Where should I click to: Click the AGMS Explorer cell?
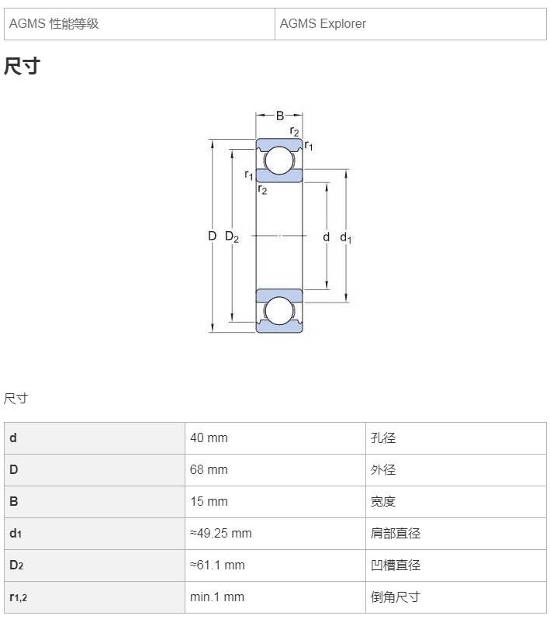410,24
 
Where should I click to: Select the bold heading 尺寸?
22,66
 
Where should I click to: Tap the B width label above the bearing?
280,116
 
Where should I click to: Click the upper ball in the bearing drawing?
279,160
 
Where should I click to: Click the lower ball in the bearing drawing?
279,311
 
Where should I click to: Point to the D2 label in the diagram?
231,237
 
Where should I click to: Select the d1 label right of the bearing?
346,237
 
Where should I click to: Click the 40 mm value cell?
275,438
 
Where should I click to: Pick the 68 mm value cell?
275,470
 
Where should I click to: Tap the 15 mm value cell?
275,502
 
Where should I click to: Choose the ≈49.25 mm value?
221,534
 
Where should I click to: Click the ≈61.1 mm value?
217,565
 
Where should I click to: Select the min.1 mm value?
216,597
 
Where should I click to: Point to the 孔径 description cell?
456,438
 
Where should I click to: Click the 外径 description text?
383,470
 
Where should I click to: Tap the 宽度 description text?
383,502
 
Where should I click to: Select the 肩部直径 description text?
396,534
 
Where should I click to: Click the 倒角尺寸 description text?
396,597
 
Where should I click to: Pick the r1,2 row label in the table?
19,597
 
